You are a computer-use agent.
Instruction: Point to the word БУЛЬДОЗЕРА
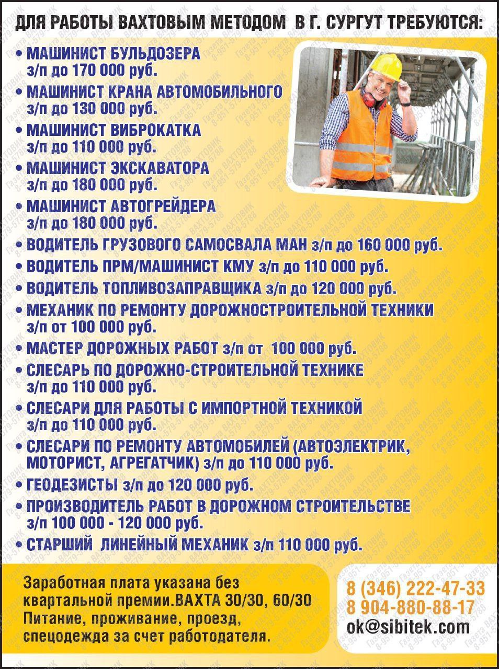click(x=156, y=53)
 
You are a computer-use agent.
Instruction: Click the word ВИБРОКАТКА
click(x=156, y=130)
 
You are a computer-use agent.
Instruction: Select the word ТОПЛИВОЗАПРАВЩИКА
click(x=188, y=287)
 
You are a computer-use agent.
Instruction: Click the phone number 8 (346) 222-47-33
click(x=416, y=589)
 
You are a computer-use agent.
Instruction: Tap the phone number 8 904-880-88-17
click(x=410, y=607)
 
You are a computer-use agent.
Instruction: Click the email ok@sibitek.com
click(x=408, y=626)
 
